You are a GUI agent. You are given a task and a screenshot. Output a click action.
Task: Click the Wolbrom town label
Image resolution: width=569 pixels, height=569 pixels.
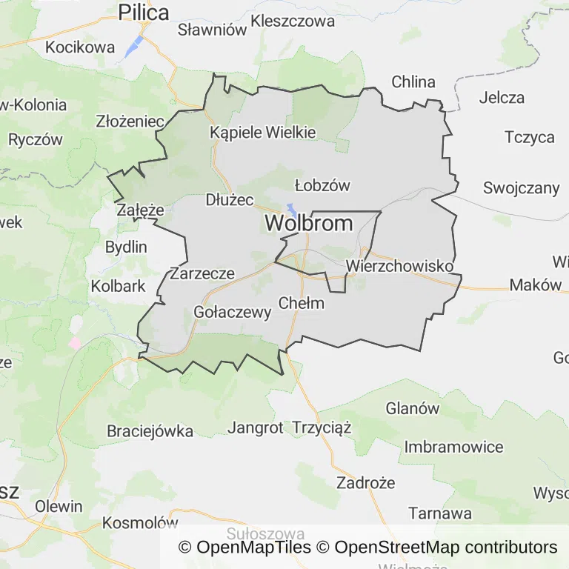click(x=309, y=223)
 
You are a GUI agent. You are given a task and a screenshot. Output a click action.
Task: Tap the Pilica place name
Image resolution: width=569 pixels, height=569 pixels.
click(x=144, y=13)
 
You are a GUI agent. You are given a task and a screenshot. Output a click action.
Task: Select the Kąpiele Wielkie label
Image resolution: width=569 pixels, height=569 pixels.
click(x=263, y=133)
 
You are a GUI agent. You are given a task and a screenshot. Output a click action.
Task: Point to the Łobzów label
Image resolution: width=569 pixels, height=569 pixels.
click(x=322, y=185)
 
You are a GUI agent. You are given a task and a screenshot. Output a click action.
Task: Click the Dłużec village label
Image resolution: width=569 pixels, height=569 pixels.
click(x=230, y=200)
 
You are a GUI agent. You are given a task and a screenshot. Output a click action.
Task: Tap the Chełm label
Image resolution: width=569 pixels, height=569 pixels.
click(x=302, y=302)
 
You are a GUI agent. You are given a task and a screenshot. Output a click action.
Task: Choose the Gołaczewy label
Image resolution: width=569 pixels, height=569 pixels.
click(x=232, y=312)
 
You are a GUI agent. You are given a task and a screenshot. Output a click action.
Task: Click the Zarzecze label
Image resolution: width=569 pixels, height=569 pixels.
click(x=202, y=273)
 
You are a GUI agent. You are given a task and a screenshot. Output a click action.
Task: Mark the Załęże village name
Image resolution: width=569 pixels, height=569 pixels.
click(x=140, y=210)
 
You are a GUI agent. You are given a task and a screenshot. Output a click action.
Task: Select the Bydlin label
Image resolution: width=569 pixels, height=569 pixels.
click(x=126, y=247)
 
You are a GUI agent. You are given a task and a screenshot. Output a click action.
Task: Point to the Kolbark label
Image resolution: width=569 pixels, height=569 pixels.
click(x=119, y=285)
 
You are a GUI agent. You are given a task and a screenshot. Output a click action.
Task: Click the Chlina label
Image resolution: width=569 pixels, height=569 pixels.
click(x=413, y=81)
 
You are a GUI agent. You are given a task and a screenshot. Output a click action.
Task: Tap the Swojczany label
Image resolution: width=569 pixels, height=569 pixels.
click(x=522, y=187)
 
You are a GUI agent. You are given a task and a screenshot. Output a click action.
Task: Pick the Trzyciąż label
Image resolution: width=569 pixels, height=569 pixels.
click(x=322, y=427)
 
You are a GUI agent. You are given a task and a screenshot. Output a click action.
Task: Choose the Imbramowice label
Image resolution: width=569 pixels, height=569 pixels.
click(x=453, y=447)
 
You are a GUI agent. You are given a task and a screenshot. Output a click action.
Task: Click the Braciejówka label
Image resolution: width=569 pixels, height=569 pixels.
click(x=150, y=431)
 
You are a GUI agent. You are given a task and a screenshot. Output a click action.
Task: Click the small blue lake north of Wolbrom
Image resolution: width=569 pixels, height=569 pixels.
click(x=293, y=210)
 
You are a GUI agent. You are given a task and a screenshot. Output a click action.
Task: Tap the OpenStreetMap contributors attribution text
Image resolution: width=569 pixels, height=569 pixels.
click(x=446, y=548)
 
